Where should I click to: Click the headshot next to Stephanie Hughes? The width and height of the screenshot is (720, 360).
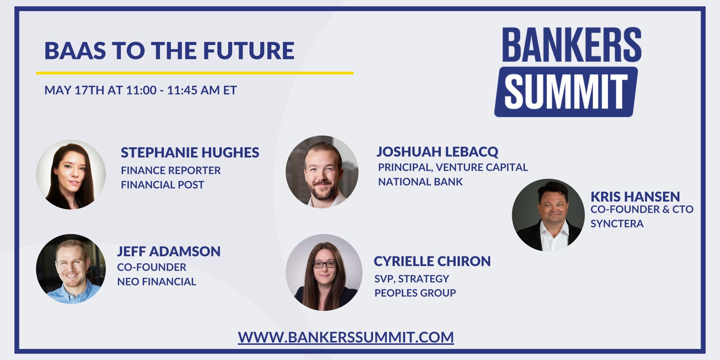click(x=71, y=174)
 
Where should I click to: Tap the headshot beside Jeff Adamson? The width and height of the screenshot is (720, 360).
click(x=71, y=269)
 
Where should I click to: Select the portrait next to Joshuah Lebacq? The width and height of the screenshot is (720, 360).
click(x=322, y=172)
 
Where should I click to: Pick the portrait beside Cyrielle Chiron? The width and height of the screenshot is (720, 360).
click(x=324, y=272)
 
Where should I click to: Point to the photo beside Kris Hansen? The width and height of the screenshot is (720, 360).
click(x=548, y=215)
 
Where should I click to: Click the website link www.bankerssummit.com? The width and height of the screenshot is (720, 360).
click(x=346, y=337)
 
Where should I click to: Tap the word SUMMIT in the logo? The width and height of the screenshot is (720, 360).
click(x=566, y=92)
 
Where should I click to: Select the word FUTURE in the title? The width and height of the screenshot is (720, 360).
click(x=249, y=51)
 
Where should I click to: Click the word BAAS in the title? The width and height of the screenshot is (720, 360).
click(x=75, y=51)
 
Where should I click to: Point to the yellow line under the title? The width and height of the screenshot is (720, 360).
click(x=195, y=73)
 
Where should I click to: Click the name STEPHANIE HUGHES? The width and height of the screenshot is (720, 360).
click(x=190, y=153)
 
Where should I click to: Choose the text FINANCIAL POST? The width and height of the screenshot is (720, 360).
click(x=162, y=185)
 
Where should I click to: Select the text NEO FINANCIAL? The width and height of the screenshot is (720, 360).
click(x=156, y=282)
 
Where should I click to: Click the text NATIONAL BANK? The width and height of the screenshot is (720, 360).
click(x=420, y=182)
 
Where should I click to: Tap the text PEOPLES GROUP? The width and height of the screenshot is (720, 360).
click(x=415, y=293)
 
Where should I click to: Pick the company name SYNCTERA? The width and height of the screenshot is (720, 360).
click(x=617, y=224)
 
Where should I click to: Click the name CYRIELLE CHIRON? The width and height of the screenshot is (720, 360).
click(x=432, y=261)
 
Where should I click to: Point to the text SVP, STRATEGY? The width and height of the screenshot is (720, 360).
click(x=412, y=279)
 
